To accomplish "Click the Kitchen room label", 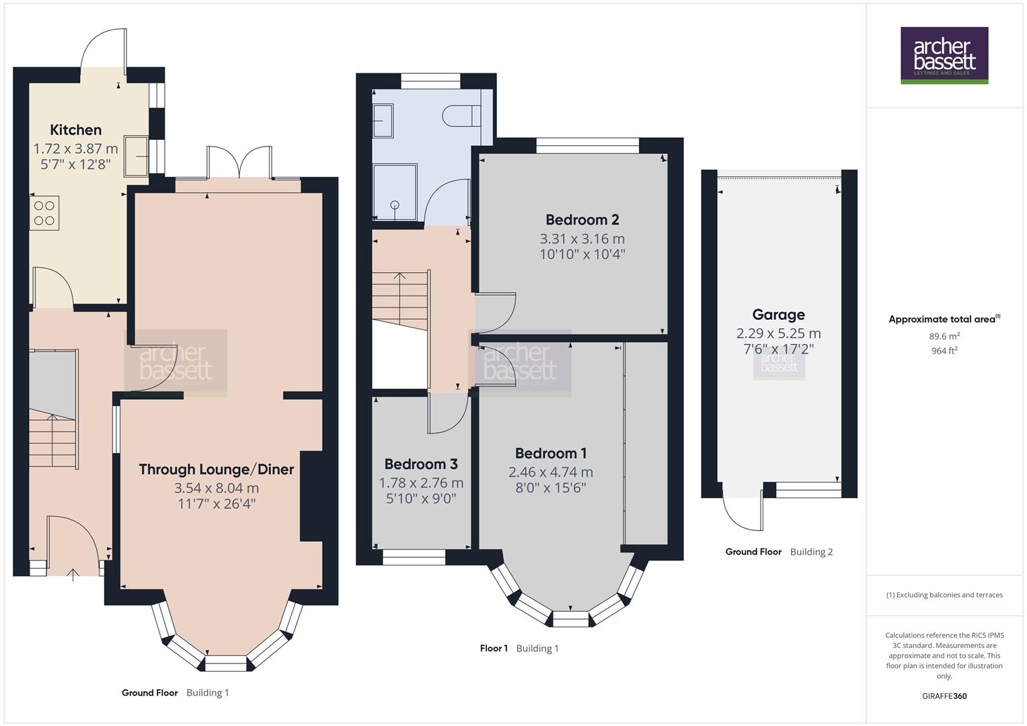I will click(75, 130).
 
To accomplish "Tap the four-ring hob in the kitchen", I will click(44, 213).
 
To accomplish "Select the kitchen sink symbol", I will click(137, 156).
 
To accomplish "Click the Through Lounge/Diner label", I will click(216, 469).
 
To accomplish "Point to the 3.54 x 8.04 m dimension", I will click(216, 488).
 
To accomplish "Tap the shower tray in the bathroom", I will click(395, 192).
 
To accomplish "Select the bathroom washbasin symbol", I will click(383, 121).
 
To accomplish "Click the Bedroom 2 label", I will click(582, 220).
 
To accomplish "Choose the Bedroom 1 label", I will click(551, 453).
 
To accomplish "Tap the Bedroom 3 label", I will click(421, 464).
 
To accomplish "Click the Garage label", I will click(778, 315).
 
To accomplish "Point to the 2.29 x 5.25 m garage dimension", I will click(778, 333).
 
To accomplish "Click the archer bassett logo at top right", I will click(944, 55).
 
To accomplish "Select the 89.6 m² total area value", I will click(944, 336).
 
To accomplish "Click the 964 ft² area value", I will click(944, 350).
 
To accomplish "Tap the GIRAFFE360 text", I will click(944, 696).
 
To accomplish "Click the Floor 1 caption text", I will click(494, 649).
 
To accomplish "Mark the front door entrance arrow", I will click(73, 573).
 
